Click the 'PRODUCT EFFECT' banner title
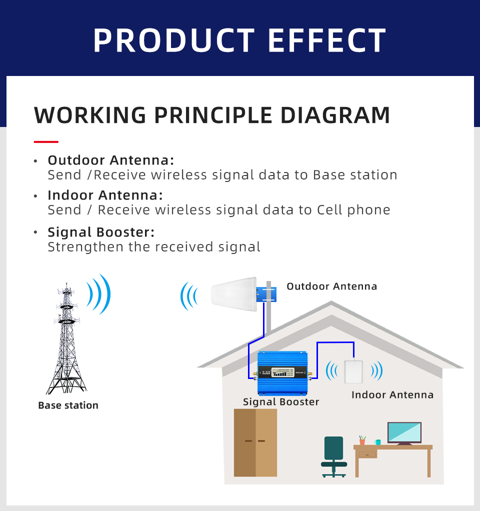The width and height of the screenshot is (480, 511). [x=239, y=40]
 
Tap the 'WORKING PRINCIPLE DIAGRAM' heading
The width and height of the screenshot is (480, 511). [x=212, y=115]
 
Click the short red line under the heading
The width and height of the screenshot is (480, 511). [x=46, y=142]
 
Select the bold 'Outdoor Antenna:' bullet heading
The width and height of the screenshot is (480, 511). [x=111, y=160]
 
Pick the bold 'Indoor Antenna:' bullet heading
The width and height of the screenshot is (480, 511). [x=105, y=195]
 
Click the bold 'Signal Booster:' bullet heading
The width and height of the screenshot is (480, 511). [x=101, y=232]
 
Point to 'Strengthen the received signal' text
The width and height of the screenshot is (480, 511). [x=154, y=246]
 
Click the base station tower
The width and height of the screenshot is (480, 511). [x=66, y=339]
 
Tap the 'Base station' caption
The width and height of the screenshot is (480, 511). [x=68, y=405]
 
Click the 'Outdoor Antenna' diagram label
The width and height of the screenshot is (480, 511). [x=331, y=286]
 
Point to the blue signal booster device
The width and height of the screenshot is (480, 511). [x=282, y=373]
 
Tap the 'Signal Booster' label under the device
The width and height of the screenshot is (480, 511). [x=281, y=402]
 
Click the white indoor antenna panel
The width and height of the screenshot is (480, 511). [x=353, y=371]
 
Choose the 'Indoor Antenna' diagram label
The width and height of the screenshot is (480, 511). [x=392, y=394]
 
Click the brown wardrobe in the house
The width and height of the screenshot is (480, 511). [x=255, y=442]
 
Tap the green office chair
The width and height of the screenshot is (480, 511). [x=333, y=456]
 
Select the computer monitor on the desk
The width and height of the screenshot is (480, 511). [x=404, y=433]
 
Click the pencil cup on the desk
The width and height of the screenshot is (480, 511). [x=362, y=440]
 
